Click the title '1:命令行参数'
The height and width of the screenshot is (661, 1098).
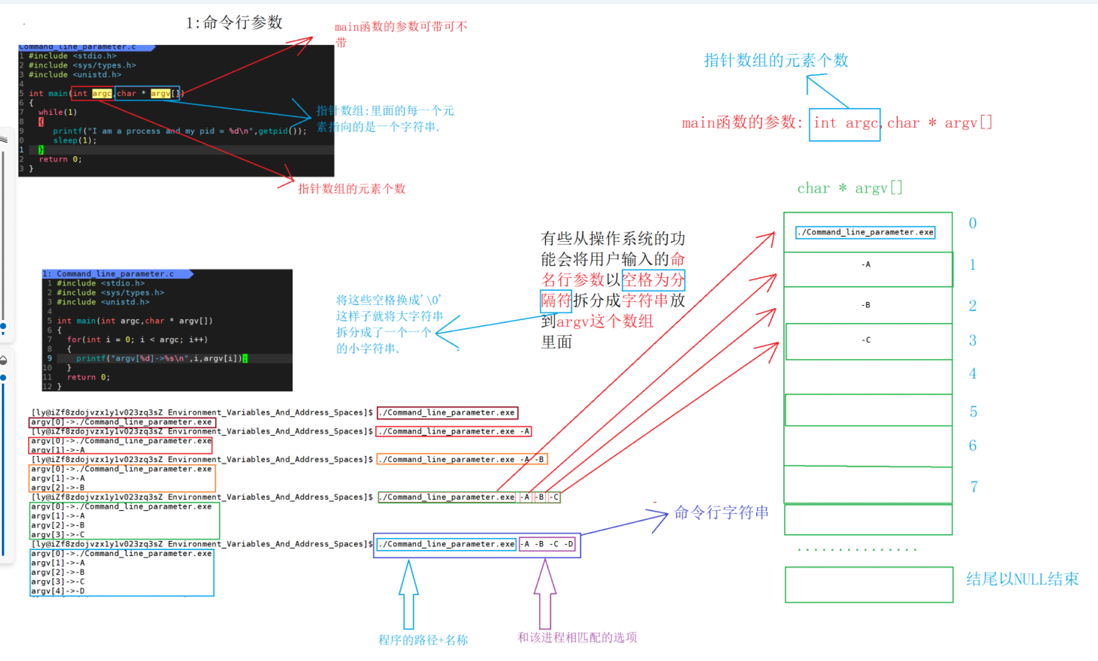tap(234, 23)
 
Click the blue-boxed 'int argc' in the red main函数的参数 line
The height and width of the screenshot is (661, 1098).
tap(844, 124)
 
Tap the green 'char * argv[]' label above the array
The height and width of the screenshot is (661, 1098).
tap(849, 189)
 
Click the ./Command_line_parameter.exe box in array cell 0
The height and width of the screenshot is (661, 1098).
tap(865, 232)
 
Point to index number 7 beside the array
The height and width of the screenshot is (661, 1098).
tap(974, 487)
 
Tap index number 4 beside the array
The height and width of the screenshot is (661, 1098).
tap(973, 374)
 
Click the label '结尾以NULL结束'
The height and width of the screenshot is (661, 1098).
tap(1022, 579)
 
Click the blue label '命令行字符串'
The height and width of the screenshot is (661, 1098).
tap(721, 513)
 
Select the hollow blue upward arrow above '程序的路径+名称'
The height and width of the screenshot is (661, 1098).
tap(409, 594)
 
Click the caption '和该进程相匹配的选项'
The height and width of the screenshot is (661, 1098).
tap(577, 638)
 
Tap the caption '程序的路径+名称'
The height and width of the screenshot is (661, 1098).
tap(423, 640)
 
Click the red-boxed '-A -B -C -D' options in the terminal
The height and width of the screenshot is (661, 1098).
tap(547, 545)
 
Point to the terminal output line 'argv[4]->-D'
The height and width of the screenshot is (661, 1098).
tap(58, 591)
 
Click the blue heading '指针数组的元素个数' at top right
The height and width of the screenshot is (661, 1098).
tap(776, 61)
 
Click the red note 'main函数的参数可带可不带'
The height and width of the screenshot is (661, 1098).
tap(400, 34)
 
